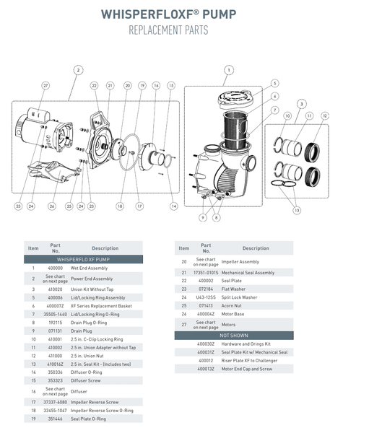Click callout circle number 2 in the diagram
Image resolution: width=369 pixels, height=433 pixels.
pyautogui.click(x=77, y=70)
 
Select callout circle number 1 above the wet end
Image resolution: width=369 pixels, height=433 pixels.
pyautogui.click(x=228, y=70)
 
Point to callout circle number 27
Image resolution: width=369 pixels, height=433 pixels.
pyautogui.click(x=45, y=86)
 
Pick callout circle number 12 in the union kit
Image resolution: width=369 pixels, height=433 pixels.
pyautogui.click(x=325, y=115)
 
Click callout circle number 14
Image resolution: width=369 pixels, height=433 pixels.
pyautogui.click(x=173, y=206)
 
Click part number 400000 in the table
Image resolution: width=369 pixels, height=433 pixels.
pyautogui.click(x=55, y=268)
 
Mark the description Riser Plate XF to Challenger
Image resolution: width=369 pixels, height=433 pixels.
pyautogui.click(x=256, y=359)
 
